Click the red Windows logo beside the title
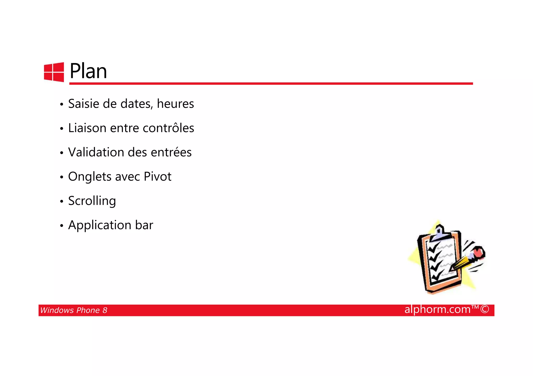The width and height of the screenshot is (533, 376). [x=54, y=72]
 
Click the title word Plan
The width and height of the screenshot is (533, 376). [x=88, y=71]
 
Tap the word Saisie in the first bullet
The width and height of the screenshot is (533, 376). [x=84, y=104]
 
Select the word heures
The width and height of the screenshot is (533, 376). [x=175, y=104]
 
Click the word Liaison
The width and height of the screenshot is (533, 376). [x=87, y=128]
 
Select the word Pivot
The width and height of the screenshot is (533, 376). [x=157, y=176]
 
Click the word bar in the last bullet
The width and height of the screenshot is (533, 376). [x=144, y=225]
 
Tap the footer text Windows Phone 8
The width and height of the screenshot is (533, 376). [x=74, y=310]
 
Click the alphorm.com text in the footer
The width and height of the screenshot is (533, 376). [x=437, y=309]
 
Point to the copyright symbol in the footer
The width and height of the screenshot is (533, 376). [x=485, y=309]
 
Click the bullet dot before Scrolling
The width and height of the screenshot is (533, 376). [x=61, y=201]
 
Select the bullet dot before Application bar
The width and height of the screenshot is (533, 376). [x=61, y=226]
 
